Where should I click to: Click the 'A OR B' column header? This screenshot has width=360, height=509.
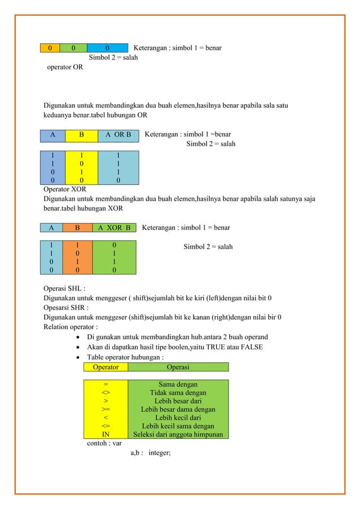tap(118, 135)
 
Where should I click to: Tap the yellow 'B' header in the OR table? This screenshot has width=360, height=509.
tap(81, 135)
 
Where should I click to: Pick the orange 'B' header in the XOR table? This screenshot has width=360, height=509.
tap(77, 228)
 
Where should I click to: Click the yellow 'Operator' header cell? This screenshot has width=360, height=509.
tap(106, 367)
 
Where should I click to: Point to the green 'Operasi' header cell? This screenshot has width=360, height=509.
tap(178, 367)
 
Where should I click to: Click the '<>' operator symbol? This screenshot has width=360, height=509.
tap(106, 393)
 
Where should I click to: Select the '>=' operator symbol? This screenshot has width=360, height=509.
tap(106, 409)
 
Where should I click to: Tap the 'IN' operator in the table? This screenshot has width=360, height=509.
tap(106, 435)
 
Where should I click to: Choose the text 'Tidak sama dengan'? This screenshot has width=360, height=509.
tap(178, 393)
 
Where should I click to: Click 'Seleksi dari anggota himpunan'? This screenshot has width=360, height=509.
tap(178, 435)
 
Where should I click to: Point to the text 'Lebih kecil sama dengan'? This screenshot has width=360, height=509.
tap(178, 426)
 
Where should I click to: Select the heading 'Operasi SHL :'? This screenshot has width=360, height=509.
tap(65, 289)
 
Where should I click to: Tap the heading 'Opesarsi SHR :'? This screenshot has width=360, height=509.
tap(67, 308)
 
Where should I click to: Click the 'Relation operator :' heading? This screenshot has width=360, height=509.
tap(71, 326)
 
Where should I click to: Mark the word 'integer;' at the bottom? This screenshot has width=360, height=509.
tap(163, 452)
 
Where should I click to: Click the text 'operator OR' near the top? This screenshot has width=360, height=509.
tap(65, 67)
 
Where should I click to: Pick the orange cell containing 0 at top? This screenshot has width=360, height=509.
tap(50, 48)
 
